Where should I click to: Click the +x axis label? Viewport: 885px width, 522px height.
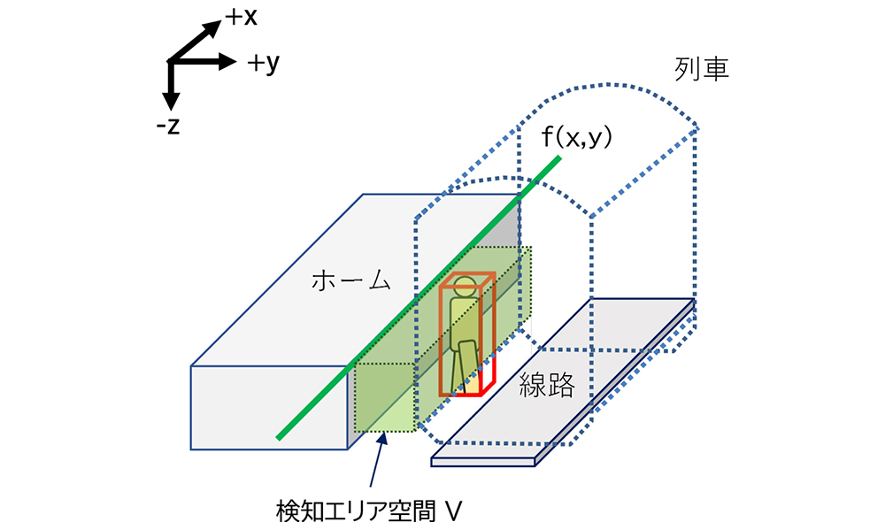point(240,17)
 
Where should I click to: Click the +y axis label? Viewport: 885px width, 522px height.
point(265,63)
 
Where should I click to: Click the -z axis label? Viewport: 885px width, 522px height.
point(167,126)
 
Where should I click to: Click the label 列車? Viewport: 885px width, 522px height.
point(699,70)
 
